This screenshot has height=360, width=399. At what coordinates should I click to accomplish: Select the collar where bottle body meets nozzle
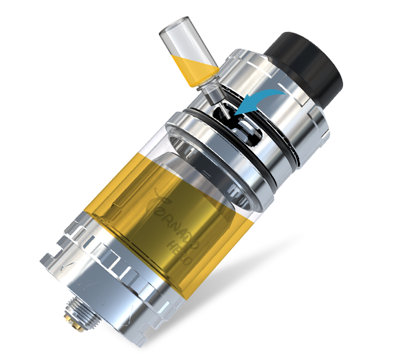pos(208,81)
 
